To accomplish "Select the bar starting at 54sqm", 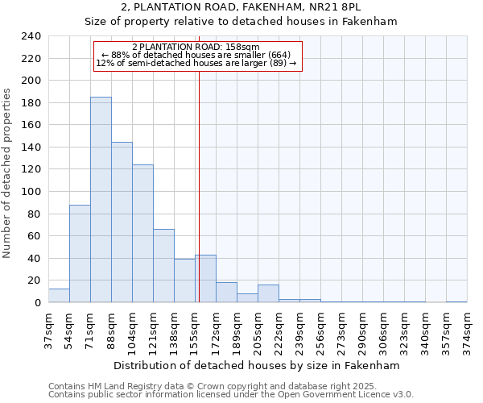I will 80,254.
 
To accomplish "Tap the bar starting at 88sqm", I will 122,222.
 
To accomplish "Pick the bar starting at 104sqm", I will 142,234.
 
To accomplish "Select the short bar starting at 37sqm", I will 59,296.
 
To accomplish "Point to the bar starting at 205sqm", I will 268,294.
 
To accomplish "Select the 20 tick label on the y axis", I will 34,280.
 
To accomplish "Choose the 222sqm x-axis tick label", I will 279,330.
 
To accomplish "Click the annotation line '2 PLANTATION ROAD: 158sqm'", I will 196,48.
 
